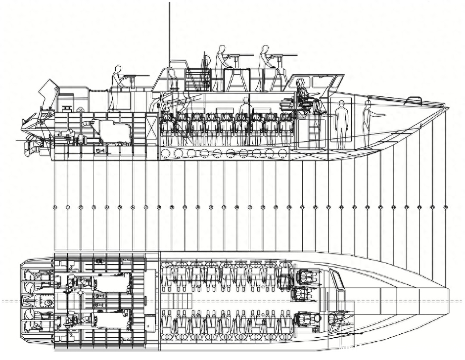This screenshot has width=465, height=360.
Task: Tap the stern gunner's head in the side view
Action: (x=118, y=69)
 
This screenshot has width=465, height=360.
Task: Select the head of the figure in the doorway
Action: (x=341, y=103)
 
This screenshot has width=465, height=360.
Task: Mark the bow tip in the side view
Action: (x=448, y=107)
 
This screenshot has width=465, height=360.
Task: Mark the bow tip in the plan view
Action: (x=448, y=301)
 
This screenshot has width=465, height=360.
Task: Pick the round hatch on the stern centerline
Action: (x=49, y=302)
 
